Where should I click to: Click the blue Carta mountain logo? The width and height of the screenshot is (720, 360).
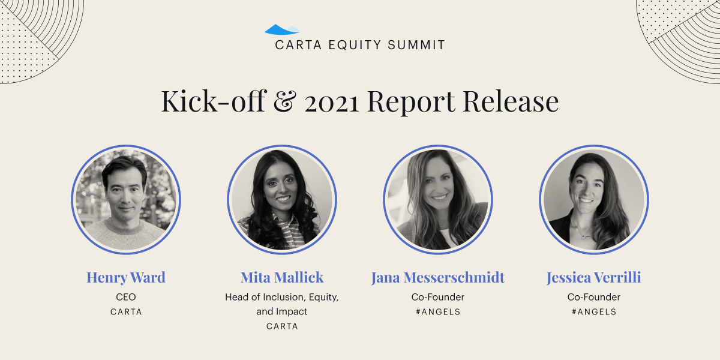(x=282, y=29)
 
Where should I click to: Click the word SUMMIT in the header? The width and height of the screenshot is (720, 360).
(x=416, y=45)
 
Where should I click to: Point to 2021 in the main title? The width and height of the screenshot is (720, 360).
(x=331, y=103)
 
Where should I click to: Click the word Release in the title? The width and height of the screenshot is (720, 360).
(x=511, y=101)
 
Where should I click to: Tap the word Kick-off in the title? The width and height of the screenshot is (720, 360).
(x=214, y=101)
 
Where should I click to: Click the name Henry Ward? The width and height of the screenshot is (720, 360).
(x=126, y=277)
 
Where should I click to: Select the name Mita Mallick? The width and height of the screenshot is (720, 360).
(x=282, y=277)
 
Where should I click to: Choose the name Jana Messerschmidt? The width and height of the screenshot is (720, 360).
(x=438, y=277)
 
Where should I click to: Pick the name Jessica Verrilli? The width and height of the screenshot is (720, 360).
(x=594, y=277)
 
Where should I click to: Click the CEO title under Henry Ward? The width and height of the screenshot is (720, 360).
(x=126, y=296)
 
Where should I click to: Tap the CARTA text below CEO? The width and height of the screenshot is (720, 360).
(x=126, y=312)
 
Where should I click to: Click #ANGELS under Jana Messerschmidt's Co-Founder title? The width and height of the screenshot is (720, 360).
(x=438, y=312)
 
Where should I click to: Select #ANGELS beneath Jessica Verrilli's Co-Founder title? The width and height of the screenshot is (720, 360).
(x=594, y=312)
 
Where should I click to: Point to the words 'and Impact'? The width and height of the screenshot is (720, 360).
(x=282, y=311)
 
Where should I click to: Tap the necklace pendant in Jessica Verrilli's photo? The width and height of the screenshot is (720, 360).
(x=584, y=238)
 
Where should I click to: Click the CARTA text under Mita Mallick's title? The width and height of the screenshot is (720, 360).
(x=282, y=326)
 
